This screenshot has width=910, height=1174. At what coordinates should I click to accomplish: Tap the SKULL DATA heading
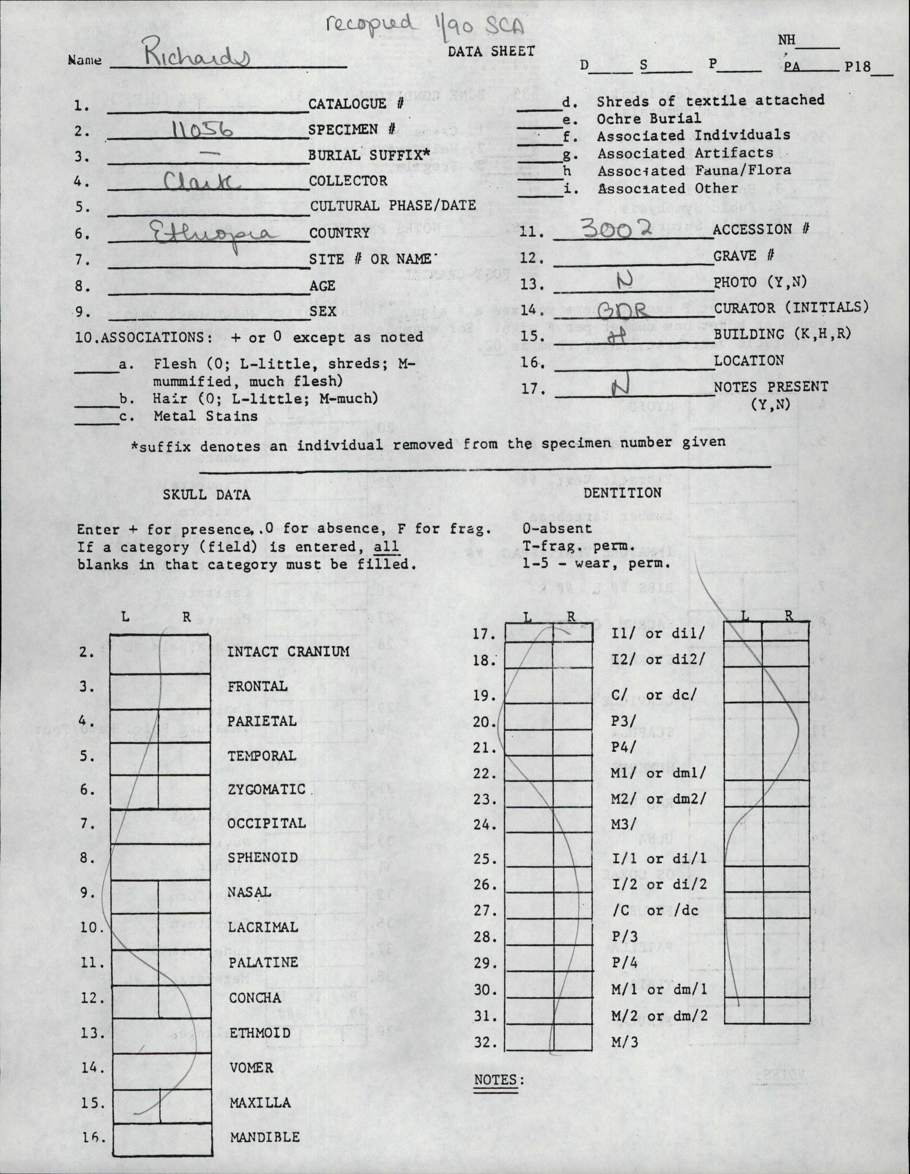pos(206,494)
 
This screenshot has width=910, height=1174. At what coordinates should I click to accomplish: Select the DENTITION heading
pos(623,493)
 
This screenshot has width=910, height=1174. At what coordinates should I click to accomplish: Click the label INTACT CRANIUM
pos(288,652)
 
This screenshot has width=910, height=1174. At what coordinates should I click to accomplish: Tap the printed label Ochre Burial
pos(649,118)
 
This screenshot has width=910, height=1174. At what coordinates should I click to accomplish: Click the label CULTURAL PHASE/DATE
pos(392,206)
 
